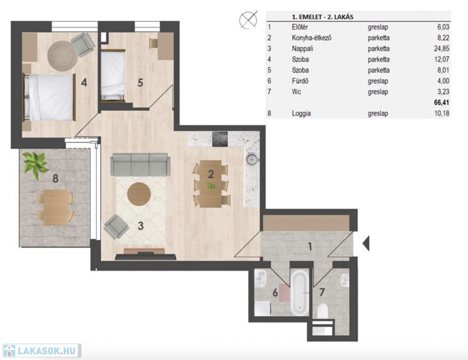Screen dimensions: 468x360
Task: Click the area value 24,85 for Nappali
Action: click(x=441, y=48)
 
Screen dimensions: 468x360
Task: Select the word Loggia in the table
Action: click(x=301, y=113)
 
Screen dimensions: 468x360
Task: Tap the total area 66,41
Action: click(x=441, y=103)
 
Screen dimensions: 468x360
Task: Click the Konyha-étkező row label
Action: click(x=312, y=38)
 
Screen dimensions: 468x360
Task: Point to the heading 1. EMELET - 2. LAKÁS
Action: click(x=322, y=17)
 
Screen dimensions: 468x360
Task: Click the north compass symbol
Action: click(x=248, y=20)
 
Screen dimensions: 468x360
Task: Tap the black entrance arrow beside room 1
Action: click(x=366, y=243)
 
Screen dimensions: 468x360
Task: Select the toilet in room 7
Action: click(x=322, y=312)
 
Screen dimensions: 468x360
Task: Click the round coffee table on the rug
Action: click(x=139, y=194)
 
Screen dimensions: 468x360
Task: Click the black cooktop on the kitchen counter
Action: click(x=220, y=139)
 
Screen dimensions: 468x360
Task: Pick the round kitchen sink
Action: click(x=251, y=159)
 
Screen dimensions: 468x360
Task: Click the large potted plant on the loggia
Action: click(x=36, y=165)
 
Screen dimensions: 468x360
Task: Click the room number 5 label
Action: click(x=140, y=83)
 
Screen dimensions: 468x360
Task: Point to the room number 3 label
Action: click(x=141, y=226)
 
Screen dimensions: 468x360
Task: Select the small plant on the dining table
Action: click(x=211, y=187)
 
